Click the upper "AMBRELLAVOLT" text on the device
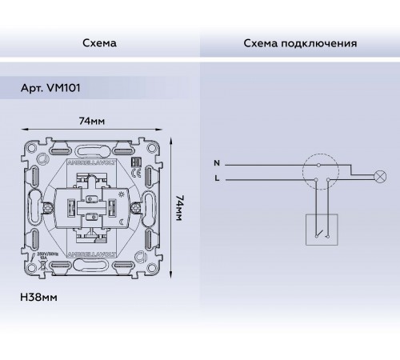pyautogui.click(x=91, y=161)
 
